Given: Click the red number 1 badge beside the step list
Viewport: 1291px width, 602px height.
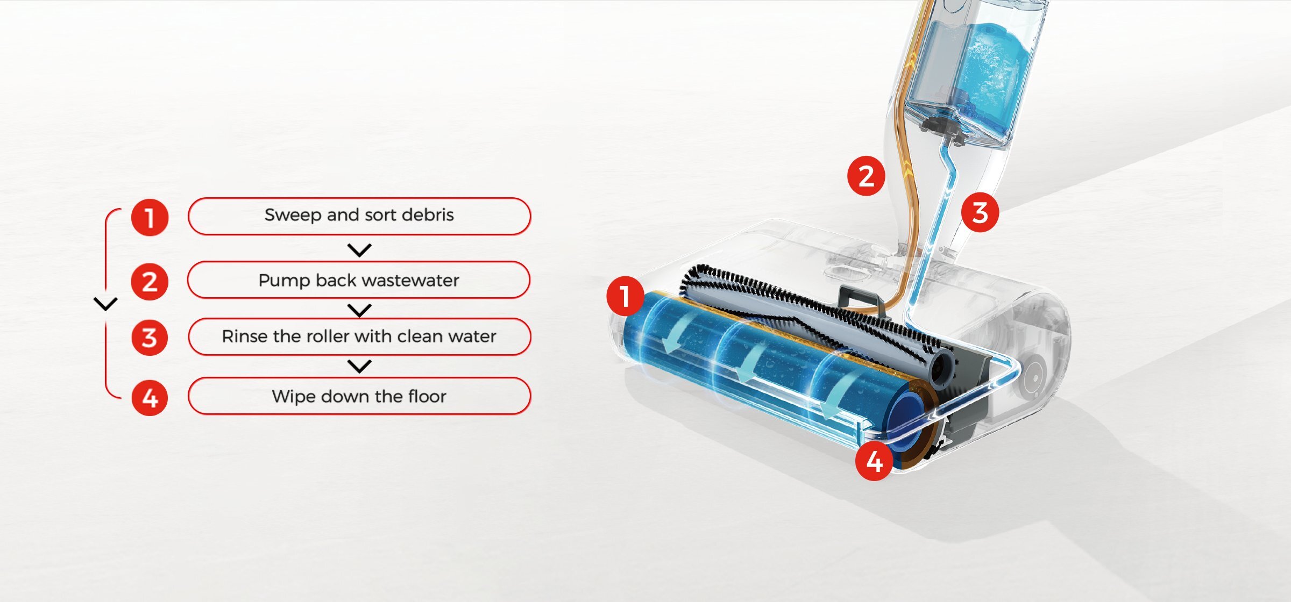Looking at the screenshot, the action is click(150, 218).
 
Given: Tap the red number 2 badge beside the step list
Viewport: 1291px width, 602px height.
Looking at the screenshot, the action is click(150, 282).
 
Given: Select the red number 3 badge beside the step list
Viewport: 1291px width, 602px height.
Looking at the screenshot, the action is click(150, 338).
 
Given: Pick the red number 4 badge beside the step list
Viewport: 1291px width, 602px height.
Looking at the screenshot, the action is click(150, 398).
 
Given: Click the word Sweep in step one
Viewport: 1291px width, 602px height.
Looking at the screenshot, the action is click(293, 216).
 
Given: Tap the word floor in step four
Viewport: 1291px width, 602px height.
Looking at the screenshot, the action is click(427, 396).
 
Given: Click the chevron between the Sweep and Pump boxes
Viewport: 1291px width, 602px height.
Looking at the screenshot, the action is click(359, 250).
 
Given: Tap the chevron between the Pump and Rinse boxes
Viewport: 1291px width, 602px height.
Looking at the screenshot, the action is click(359, 310).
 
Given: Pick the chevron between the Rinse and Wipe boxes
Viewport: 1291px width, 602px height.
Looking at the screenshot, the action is click(359, 366).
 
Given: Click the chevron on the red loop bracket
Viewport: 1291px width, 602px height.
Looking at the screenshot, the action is click(105, 304).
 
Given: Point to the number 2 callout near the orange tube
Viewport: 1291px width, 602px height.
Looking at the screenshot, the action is click(866, 176).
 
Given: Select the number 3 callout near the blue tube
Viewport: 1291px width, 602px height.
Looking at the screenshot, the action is click(980, 212).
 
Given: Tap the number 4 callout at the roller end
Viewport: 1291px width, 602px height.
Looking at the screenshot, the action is click(875, 461).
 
